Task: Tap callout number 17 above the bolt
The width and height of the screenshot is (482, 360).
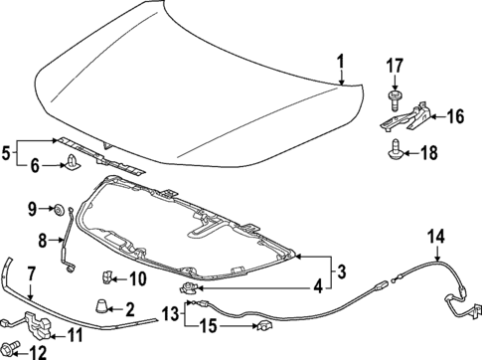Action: coord(395,69)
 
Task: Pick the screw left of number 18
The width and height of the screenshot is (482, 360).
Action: coord(398,151)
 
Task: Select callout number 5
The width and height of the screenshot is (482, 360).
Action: coord(8,154)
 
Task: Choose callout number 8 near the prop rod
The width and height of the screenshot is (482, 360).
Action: coord(42,240)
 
